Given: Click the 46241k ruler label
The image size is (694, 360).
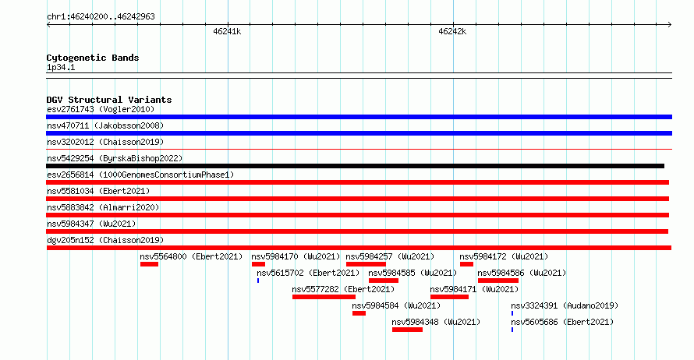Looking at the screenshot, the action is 227,31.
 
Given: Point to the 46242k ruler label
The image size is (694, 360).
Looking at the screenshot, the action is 452,31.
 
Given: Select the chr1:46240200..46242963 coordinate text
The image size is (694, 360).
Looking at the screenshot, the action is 101,17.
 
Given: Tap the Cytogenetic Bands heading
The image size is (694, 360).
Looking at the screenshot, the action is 93,58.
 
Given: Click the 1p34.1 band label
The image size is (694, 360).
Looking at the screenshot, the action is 61,68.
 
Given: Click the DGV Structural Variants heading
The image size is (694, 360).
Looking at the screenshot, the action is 109,100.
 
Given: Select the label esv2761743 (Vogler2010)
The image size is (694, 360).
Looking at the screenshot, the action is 101,109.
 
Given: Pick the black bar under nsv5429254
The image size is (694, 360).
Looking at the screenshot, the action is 355,166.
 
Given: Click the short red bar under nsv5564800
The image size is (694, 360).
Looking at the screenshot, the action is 149,264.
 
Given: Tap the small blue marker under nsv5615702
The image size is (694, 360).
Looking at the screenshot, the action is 258,281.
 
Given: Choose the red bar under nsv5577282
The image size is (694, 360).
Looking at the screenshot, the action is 324,297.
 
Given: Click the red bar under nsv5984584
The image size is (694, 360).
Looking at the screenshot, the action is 359,313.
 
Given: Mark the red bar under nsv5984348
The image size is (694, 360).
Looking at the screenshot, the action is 407,330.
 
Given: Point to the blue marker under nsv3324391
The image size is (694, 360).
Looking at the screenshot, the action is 512,313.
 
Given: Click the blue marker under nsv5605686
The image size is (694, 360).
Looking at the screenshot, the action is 512,330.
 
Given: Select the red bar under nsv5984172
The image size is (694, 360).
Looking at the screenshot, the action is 466,264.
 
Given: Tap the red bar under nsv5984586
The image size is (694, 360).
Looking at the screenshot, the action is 498,281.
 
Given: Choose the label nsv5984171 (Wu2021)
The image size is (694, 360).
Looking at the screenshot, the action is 474,289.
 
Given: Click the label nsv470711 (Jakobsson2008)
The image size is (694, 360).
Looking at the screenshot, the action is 105,125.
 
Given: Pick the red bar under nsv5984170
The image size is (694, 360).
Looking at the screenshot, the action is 258,264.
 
